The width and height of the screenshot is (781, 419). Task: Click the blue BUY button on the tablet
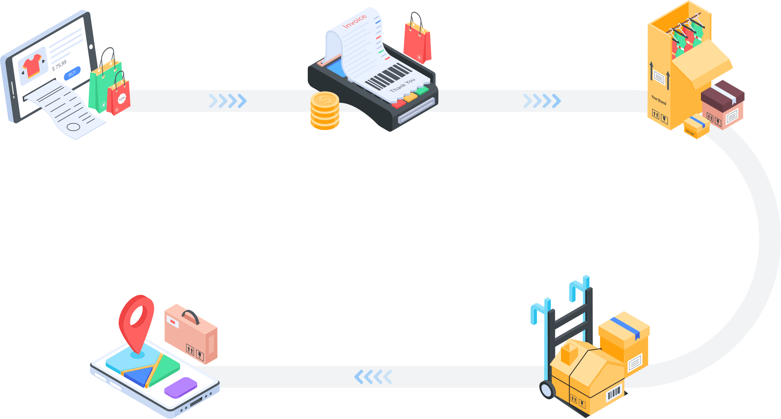(x=72, y=73)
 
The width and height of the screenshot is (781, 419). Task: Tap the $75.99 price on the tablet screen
(x=60, y=65)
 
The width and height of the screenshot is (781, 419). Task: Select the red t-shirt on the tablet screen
(x=32, y=65)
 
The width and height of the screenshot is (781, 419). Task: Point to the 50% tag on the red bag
(x=122, y=98)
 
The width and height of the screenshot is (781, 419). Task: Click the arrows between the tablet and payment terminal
(x=228, y=101)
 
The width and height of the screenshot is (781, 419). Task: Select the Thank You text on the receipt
(x=402, y=85)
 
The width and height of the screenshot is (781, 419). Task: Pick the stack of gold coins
(x=325, y=111)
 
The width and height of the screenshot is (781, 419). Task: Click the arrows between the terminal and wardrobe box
(x=542, y=101)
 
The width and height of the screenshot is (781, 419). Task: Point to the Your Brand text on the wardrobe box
(x=659, y=100)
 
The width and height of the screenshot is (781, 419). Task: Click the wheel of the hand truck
(x=547, y=390)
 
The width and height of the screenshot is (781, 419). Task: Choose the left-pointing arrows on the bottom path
(x=373, y=377)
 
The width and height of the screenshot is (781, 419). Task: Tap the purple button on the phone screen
(x=181, y=387)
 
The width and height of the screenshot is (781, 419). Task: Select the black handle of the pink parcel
(x=191, y=316)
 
